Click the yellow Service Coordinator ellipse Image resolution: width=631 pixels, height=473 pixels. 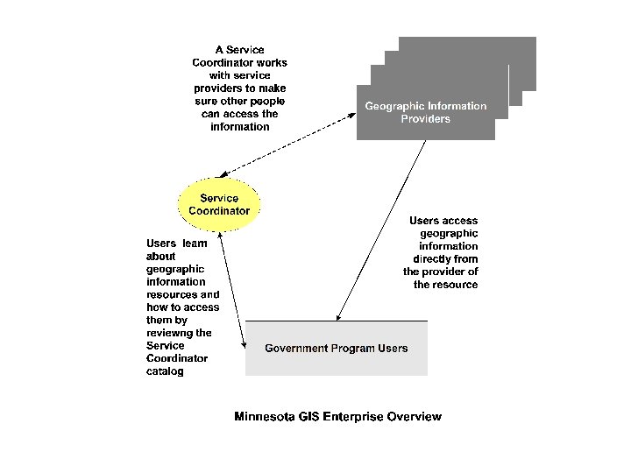(x=219, y=204)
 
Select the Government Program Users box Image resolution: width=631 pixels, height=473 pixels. (x=337, y=349)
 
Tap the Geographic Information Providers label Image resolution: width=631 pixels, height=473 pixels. (x=426, y=112)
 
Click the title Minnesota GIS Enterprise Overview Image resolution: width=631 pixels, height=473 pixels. (x=337, y=417)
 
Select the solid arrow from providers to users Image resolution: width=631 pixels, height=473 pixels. (x=381, y=229)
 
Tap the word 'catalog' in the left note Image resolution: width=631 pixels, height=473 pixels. (x=165, y=371)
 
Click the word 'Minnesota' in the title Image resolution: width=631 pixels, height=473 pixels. (x=264, y=417)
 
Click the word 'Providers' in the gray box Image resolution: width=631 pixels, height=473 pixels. (x=426, y=119)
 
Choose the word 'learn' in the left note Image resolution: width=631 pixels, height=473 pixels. (x=195, y=244)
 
